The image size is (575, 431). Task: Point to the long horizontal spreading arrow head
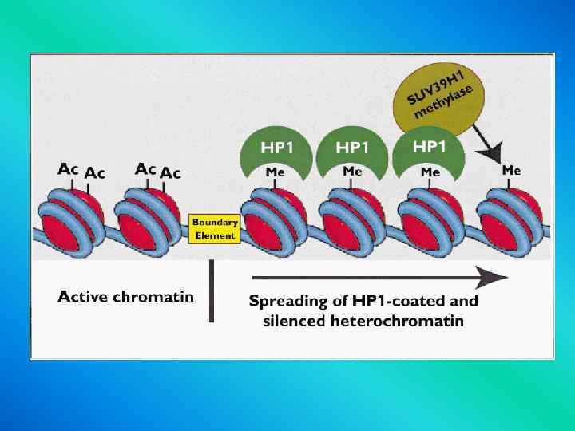point(497,278)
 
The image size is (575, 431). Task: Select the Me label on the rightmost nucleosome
point(511,170)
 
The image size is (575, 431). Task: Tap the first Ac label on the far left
point(69,168)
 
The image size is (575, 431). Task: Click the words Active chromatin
point(125,297)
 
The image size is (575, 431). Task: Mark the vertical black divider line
point(212,291)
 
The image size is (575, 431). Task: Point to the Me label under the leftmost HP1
point(273,172)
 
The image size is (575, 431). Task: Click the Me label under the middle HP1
point(352,172)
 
